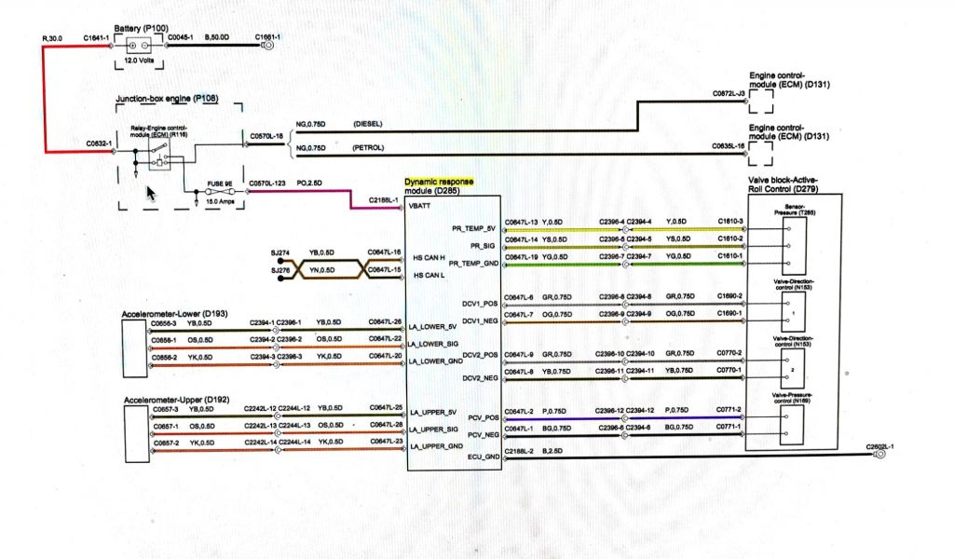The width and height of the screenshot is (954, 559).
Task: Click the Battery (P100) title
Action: (x=150, y=29)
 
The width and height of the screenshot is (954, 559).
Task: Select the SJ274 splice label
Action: (x=279, y=252)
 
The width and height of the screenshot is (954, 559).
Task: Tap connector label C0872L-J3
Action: (x=728, y=94)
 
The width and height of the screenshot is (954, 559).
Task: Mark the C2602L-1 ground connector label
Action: (x=879, y=447)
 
